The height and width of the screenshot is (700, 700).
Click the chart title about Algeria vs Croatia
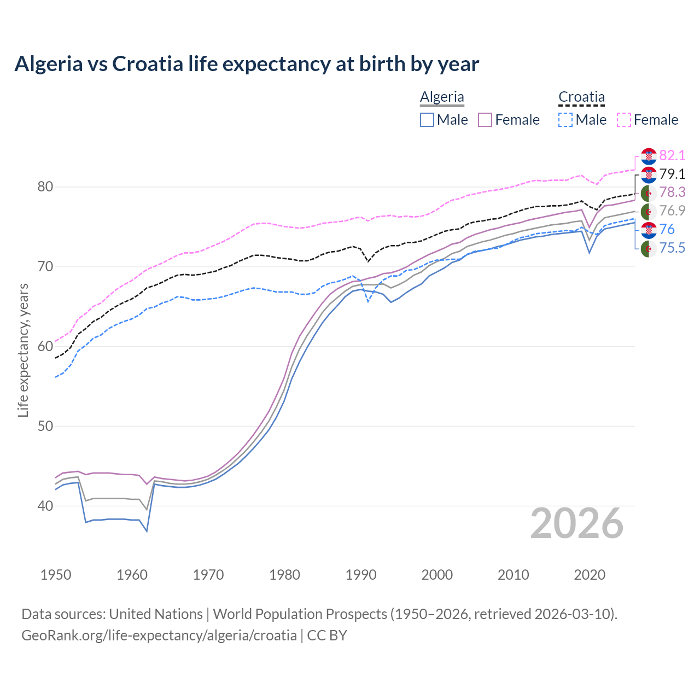click(x=247, y=64)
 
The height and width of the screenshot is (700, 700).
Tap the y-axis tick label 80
click(x=45, y=187)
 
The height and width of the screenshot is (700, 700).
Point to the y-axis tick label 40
click(x=45, y=506)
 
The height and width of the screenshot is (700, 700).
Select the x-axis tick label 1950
click(x=56, y=575)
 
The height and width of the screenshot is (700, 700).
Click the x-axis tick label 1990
click(x=361, y=575)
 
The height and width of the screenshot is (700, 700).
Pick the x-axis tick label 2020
click(x=590, y=575)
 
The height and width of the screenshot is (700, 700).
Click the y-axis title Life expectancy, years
click(x=24, y=350)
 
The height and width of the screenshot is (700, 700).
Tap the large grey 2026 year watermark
click(x=576, y=523)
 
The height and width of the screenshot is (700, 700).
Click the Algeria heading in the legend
click(x=442, y=97)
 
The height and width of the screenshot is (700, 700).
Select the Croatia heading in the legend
click(x=581, y=97)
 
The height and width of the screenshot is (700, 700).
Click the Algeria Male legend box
click(x=427, y=120)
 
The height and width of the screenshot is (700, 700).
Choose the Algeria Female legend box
click(x=485, y=120)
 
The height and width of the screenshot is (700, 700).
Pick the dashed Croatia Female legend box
click(x=623, y=120)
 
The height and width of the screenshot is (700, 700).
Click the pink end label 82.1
click(x=672, y=155)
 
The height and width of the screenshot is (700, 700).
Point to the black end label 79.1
click(x=672, y=174)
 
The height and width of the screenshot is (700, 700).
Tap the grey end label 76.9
click(x=672, y=211)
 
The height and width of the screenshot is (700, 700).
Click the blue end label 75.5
click(x=672, y=248)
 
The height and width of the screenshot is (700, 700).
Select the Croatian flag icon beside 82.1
click(x=649, y=156)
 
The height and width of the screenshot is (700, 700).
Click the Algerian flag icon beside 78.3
click(x=649, y=192)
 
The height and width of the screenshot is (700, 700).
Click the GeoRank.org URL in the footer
click(x=159, y=635)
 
